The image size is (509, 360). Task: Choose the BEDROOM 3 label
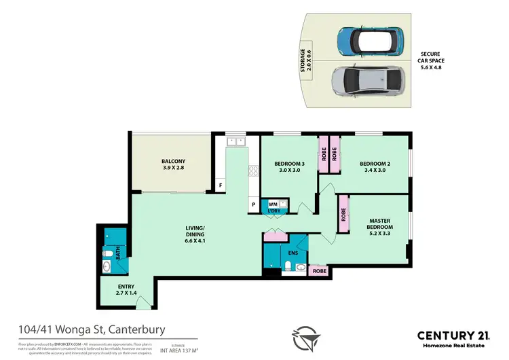[x=289, y=167]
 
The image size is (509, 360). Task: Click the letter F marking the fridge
[x=221, y=185]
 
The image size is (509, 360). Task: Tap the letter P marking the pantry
[x=253, y=204]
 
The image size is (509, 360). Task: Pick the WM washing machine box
[x=273, y=203]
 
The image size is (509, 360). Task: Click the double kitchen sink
[x=236, y=141]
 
